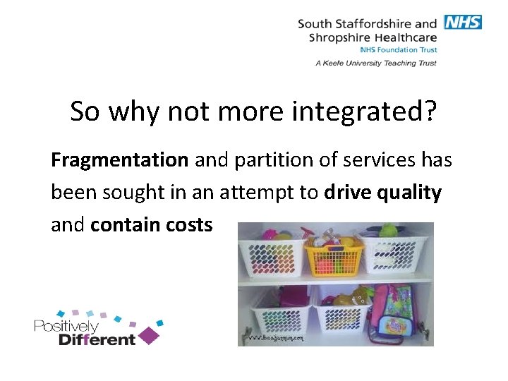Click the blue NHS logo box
pyautogui.click(x=463, y=22)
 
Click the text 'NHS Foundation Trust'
pyautogui.click(x=398, y=50)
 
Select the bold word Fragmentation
pyautogui.click(x=119, y=160)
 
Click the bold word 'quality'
pyautogui.click(x=411, y=193)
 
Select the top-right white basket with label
pyautogui.click(x=396, y=254)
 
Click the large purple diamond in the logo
pyautogui.click(x=150, y=335)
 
